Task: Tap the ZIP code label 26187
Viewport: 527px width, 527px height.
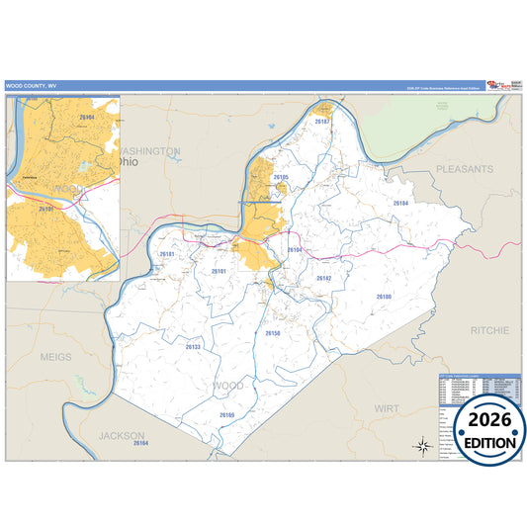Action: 321,122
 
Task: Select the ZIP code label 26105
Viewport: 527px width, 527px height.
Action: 281,177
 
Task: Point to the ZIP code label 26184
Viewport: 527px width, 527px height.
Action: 400,203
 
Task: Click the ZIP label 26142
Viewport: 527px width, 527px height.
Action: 324,279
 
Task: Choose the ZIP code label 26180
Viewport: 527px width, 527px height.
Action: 384,297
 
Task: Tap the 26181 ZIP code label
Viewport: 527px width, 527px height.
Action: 167,254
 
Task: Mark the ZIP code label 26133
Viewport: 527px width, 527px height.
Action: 193,347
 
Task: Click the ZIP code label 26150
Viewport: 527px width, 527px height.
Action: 273,333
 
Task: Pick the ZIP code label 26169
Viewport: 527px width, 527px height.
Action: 227,415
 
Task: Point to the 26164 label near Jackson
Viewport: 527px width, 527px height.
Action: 139,443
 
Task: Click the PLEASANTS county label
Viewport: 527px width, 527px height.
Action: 464,170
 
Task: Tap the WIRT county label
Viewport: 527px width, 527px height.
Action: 387,407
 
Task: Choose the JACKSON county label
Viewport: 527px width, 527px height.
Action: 122,435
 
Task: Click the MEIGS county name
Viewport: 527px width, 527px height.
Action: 56,355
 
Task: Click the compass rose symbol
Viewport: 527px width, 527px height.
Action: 423,445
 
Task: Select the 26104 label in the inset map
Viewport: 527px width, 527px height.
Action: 86,118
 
